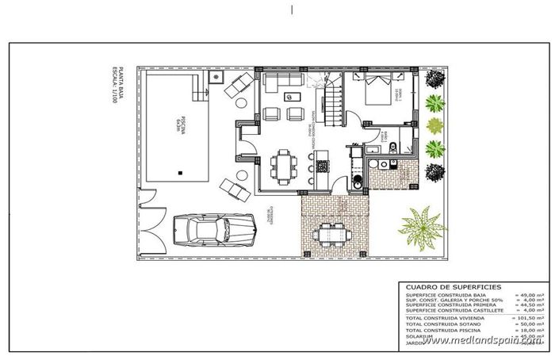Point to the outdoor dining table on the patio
coord(327,235)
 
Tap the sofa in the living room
coord(282,81)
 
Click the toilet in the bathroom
coord(358,184)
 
